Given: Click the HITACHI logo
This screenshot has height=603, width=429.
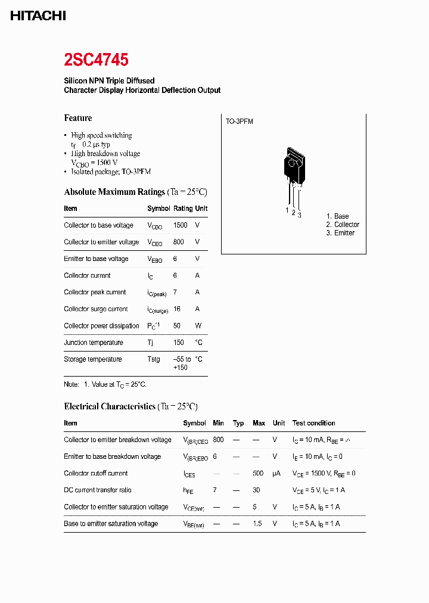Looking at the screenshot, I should (x=38, y=16).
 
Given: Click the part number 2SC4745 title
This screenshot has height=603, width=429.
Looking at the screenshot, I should (x=96, y=60).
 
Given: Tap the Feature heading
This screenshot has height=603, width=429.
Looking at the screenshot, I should (x=78, y=118).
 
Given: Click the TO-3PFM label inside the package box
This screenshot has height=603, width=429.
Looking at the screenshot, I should (x=239, y=122).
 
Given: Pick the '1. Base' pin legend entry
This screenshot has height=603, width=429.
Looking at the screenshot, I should (x=337, y=216).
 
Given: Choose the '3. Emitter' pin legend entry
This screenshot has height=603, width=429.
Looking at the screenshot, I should (x=340, y=233).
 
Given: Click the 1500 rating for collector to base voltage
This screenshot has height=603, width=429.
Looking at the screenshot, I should (x=180, y=225).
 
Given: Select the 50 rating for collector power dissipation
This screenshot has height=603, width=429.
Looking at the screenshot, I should (x=177, y=325).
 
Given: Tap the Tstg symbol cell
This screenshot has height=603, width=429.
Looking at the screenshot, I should (x=154, y=359).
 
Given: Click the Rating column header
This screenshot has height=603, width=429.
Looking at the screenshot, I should (x=182, y=209).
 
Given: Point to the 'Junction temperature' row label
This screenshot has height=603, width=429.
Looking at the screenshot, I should (x=94, y=343).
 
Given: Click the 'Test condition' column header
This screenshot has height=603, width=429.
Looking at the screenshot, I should (x=313, y=423).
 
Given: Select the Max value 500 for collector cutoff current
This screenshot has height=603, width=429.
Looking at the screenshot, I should (x=259, y=473).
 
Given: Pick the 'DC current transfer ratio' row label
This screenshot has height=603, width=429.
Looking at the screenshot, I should (x=98, y=490).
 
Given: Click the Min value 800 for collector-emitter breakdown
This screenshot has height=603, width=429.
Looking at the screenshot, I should (x=218, y=440).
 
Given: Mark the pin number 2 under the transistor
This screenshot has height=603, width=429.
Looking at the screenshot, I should (x=293, y=212).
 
